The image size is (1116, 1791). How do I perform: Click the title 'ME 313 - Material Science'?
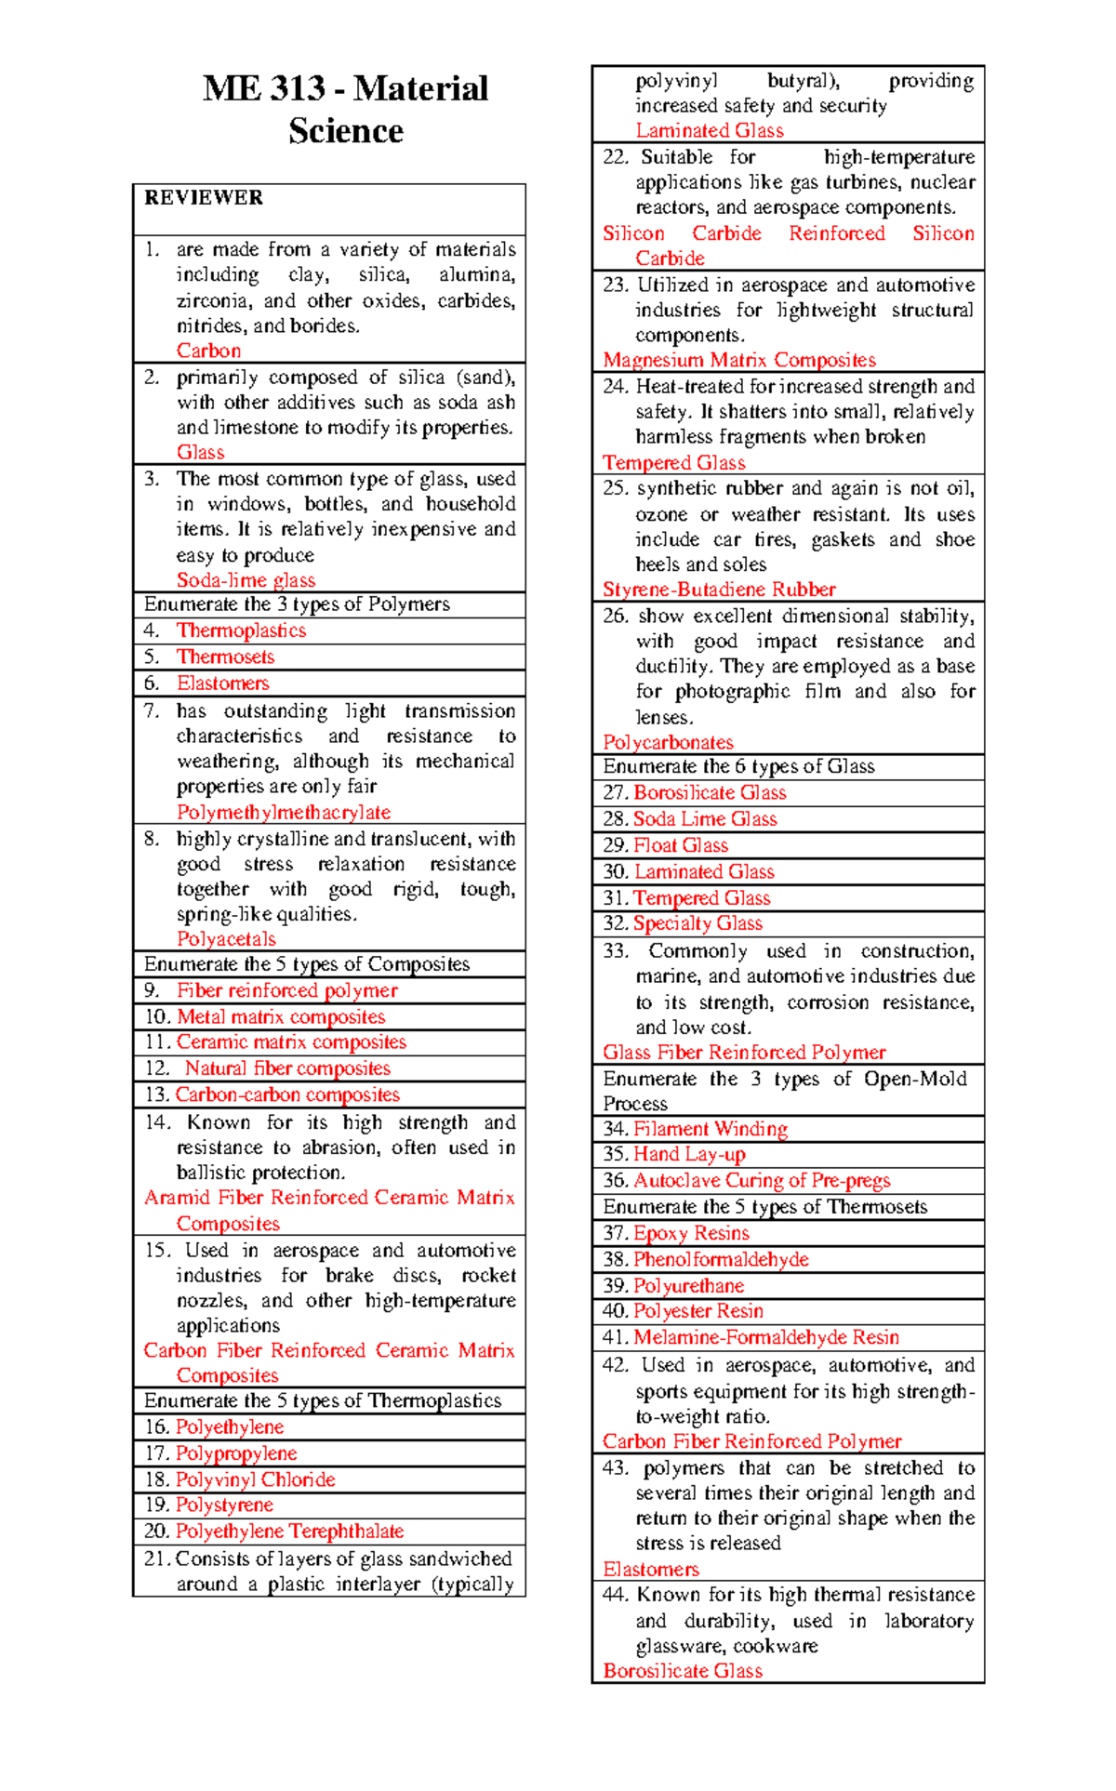coord(345,109)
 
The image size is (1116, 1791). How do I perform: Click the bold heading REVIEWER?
coord(204,198)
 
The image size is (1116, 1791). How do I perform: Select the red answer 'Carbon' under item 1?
coord(209,351)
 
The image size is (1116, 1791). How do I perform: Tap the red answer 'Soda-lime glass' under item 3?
coord(246,580)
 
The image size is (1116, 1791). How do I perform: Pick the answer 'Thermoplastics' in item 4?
coord(241,630)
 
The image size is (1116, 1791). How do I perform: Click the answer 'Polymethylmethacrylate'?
coord(284,812)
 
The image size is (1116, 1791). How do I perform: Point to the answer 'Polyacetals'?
coord(226,939)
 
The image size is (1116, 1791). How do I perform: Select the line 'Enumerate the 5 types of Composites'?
coord(307,964)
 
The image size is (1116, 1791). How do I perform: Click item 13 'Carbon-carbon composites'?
coord(287,1094)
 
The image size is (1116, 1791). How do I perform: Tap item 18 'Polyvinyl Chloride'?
coord(255,1479)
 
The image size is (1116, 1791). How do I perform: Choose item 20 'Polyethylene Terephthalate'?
coord(289,1531)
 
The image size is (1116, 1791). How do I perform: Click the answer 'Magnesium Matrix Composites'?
coord(739,360)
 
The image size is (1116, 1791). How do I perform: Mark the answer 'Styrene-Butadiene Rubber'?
coord(719,590)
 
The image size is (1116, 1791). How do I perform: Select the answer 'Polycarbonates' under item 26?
coord(668,742)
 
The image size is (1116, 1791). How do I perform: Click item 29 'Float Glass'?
coord(680,845)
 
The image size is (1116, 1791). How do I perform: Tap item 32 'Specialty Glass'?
coord(697,923)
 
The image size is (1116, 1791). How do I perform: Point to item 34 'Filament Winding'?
coord(710,1129)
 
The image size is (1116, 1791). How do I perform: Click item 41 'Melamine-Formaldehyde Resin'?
coord(765,1337)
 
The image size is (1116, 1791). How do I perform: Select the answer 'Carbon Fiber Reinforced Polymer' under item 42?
coord(751,1441)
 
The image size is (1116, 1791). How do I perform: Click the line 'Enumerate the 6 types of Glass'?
coord(738,766)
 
